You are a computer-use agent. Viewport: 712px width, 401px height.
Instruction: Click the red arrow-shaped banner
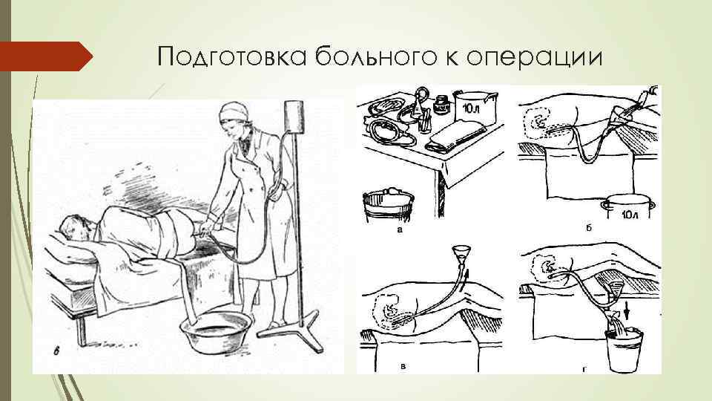coord(46,56)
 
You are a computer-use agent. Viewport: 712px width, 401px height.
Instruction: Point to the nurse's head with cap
coord(234,117)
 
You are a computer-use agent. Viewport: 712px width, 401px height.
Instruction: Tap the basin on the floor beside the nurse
coord(216,330)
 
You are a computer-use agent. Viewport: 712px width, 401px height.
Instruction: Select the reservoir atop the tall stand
coord(294,116)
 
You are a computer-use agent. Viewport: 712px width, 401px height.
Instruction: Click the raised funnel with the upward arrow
coord(461,255)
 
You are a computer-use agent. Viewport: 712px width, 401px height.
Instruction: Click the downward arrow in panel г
coord(628,312)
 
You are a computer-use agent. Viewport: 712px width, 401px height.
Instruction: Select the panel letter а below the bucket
coord(400,229)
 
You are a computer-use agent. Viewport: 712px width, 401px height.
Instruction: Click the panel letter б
coord(588,228)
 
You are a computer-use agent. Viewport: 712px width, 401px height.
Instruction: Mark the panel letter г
coord(584,370)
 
